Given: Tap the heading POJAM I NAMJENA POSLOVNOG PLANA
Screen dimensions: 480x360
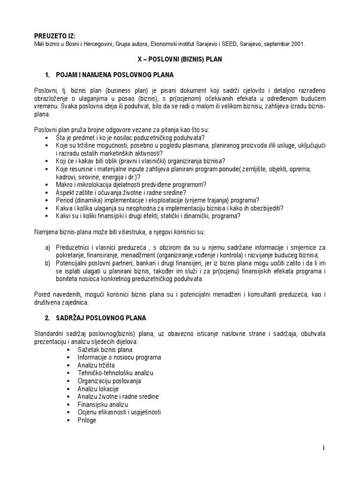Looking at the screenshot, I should pyautogui.click(x=115, y=75).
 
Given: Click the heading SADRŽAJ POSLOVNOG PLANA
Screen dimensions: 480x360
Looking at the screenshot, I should pyautogui.click(x=101, y=318).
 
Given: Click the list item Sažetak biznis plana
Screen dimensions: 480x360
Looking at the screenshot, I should pyautogui.click(x=105, y=349).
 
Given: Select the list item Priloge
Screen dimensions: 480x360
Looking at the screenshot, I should pyautogui.click(x=87, y=420).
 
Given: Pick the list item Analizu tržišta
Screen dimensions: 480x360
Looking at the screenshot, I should pyautogui.click(x=96, y=365).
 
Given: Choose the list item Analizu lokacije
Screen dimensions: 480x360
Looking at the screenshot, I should pyautogui.click(x=98, y=389).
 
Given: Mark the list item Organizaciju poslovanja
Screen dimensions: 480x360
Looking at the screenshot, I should pyautogui.click(x=109, y=381).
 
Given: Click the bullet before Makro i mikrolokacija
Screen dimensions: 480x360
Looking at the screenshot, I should pyautogui.click(x=47, y=185).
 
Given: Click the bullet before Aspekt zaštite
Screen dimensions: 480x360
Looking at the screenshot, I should pyautogui.click(x=47, y=193).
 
